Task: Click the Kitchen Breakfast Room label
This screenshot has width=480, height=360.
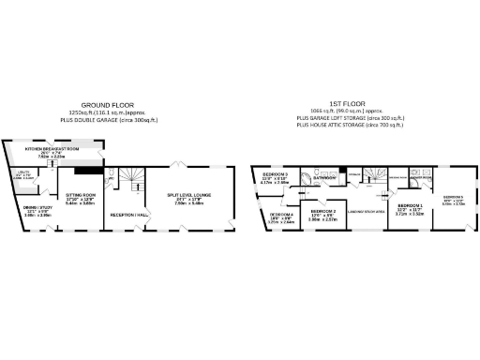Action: coord(59,148)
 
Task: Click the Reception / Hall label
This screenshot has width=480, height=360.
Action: coord(128,215)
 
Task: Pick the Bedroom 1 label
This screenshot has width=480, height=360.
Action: coord(409,206)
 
